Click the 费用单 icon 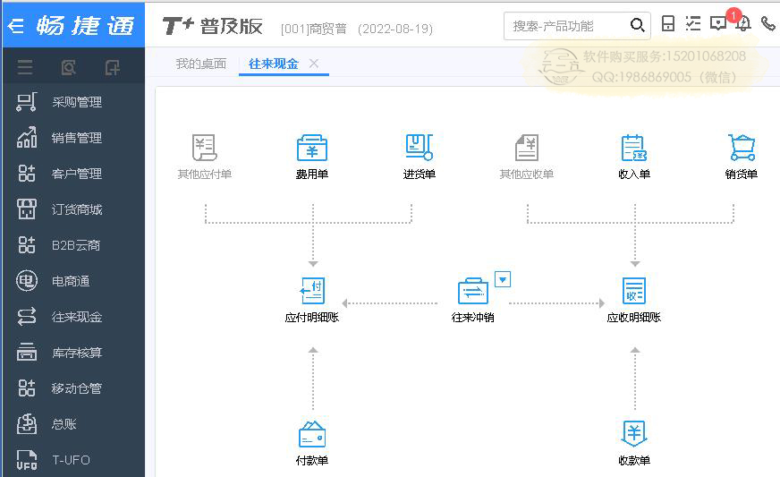click(x=312, y=148)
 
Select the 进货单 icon click(x=420, y=148)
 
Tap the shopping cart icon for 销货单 click(x=742, y=148)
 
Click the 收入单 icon click(x=633, y=148)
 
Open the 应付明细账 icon click(x=312, y=291)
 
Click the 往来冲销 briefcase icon click(x=472, y=291)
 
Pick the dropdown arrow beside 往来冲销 click(x=503, y=279)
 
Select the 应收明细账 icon click(x=633, y=291)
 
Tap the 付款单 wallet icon click(x=312, y=434)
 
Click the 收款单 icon click(x=633, y=433)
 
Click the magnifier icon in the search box click(x=637, y=25)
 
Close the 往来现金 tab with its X click(x=313, y=64)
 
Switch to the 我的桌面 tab click(x=201, y=64)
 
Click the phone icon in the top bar click(x=768, y=23)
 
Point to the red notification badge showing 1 click(x=733, y=15)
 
